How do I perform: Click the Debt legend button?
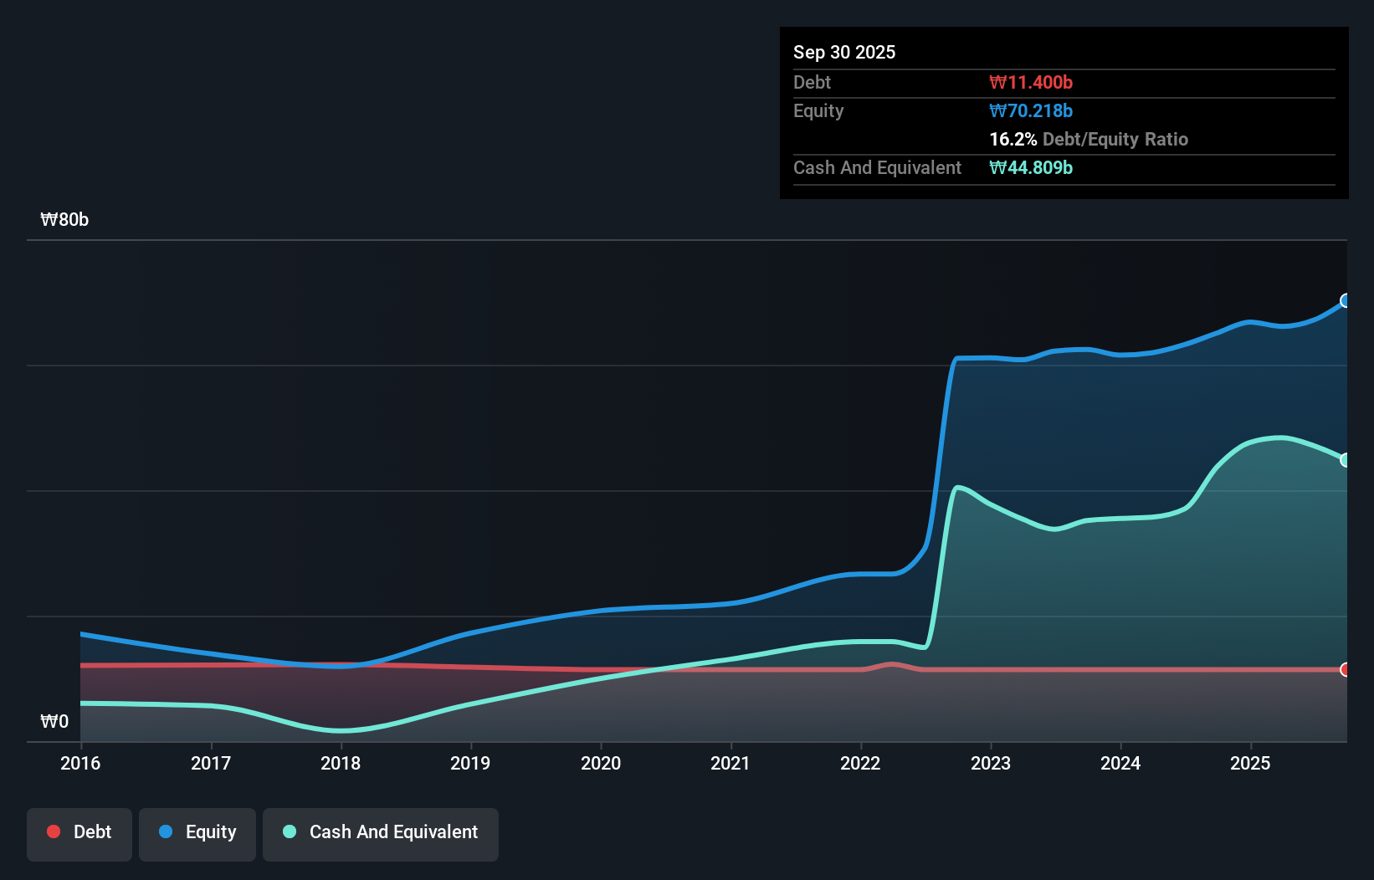coord(79,833)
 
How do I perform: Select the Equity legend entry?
coord(197,833)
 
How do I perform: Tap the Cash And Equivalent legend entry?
coord(381,833)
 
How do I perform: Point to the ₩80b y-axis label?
coord(64,220)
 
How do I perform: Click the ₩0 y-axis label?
coord(54,722)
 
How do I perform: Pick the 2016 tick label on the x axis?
coord(80,764)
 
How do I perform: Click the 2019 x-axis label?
coord(470,764)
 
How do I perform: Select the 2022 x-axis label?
coord(860,764)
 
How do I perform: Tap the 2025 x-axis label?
coord(1250,764)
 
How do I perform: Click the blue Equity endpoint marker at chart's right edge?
coord(1346,300)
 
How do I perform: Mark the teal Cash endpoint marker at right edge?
coord(1346,460)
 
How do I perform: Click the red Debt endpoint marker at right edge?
coord(1346,669)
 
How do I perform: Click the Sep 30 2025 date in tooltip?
coord(843,53)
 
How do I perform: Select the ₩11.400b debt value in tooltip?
coord(1031,83)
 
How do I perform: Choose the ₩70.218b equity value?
coord(1031,111)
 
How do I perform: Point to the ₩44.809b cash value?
coord(1031,168)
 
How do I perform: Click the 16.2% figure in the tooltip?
coord(1013,140)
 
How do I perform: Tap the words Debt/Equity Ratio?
coord(1115,140)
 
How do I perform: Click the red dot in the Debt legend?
coord(54,831)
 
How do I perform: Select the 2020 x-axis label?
coord(601,764)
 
